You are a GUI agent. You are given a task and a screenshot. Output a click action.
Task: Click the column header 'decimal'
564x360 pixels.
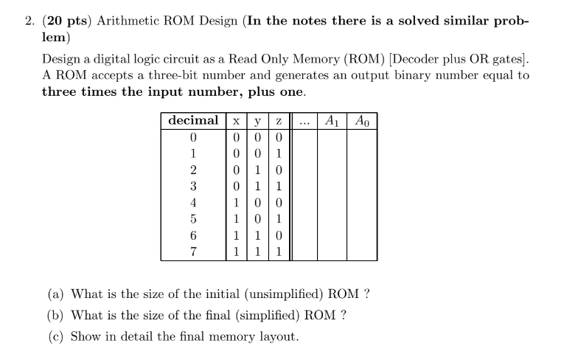[193, 120]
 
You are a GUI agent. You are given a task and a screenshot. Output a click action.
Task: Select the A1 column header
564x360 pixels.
[331, 120]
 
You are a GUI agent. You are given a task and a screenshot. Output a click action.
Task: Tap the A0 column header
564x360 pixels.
[362, 120]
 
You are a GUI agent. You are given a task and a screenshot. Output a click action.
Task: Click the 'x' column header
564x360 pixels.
[234, 120]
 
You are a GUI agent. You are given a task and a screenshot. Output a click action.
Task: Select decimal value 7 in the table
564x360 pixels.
[193, 251]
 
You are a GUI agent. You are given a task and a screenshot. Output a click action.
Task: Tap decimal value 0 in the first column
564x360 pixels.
[193, 138]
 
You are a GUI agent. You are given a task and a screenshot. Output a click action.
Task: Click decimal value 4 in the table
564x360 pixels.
[193, 202]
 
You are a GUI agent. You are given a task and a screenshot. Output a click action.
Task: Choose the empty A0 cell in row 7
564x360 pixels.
[362, 251]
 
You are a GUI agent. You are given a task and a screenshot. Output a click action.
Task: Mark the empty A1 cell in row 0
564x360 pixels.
[331, 138]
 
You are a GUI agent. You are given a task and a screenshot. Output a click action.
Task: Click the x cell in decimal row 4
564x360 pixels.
[234, 202]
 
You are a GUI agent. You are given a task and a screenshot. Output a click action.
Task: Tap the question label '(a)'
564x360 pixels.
[55, 294]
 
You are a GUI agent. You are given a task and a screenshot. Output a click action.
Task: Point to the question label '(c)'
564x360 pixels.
[55, 336]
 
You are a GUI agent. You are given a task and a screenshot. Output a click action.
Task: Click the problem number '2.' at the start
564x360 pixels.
[29, 21]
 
